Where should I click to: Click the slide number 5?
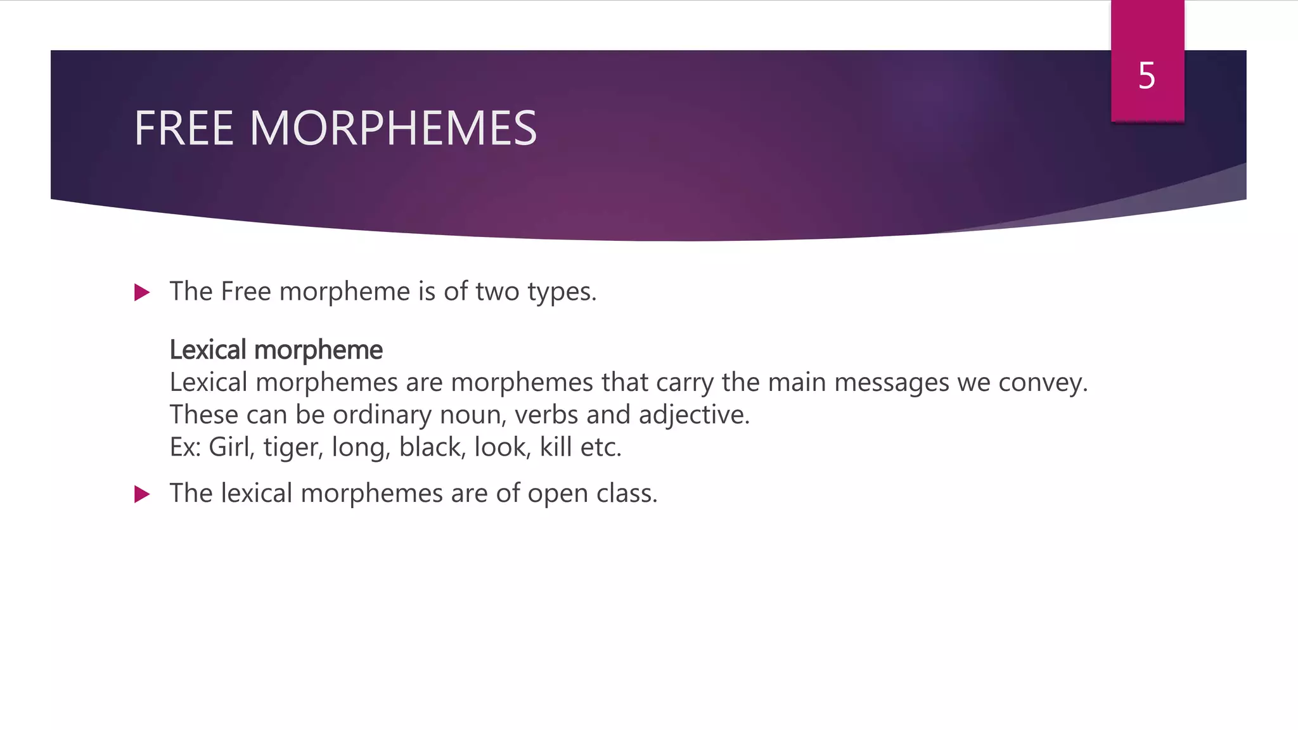(1147, 76)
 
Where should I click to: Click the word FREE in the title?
(184, 129)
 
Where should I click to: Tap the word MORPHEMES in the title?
(393, 129)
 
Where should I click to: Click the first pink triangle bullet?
(142, 293)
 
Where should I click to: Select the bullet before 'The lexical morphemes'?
(142, 494)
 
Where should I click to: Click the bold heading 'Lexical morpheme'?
(276, 350)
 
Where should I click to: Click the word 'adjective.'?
(694, 415)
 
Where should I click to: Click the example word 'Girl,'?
(232, 447)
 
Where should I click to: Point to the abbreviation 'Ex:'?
(185, 447)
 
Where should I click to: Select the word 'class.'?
(627, 494)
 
